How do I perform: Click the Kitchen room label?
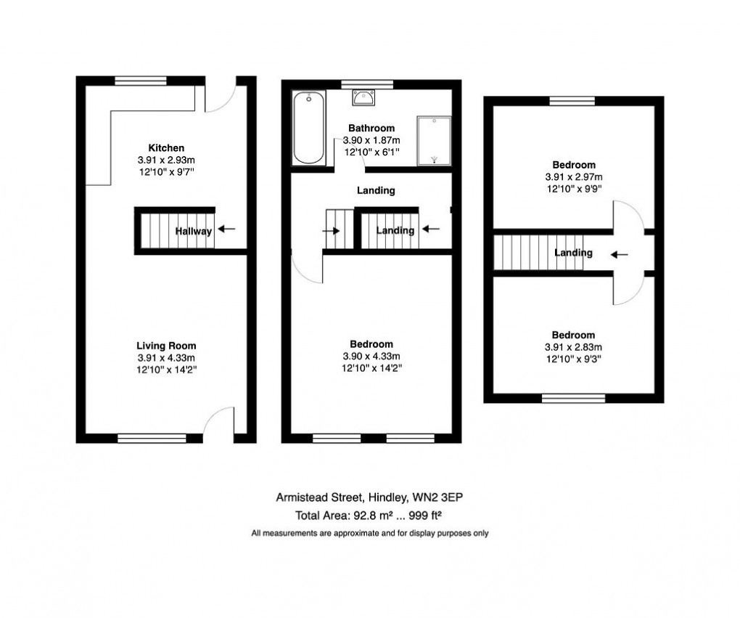[x=166, y=148]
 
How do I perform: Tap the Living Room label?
[x=166, y=346]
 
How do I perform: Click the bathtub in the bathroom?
[x=308, y=129]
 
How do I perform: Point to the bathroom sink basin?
[x=362, y=97]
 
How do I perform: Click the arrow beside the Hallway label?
[x=227, y=229]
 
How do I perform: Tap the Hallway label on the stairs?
[x=194, y=232]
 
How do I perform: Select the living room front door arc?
[x=218, y=423]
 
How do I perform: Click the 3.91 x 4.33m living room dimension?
[x=166, y=357]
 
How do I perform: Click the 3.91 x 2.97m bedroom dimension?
[x=574, y=177]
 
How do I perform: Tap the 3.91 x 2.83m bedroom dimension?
[x=573, y=346]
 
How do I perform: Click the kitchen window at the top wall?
[x=141, y=81]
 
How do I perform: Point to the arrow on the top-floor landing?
[x=620, y=254]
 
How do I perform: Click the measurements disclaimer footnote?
[x=370, y=533]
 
